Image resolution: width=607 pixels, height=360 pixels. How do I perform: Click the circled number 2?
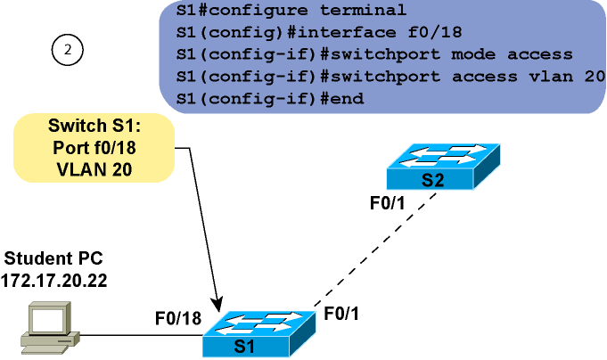click(67, 51)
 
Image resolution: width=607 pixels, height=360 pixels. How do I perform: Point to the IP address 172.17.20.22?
click(54, 279)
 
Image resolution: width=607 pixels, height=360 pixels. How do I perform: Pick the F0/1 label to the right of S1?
click(344, 313)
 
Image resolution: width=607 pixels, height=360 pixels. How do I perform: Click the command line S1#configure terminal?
click(292, 12)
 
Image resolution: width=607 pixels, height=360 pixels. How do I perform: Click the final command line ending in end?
click(270, 97)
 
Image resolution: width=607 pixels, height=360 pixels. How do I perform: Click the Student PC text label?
click(54, 258)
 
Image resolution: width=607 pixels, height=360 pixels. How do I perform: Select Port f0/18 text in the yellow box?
click(94, 147)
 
